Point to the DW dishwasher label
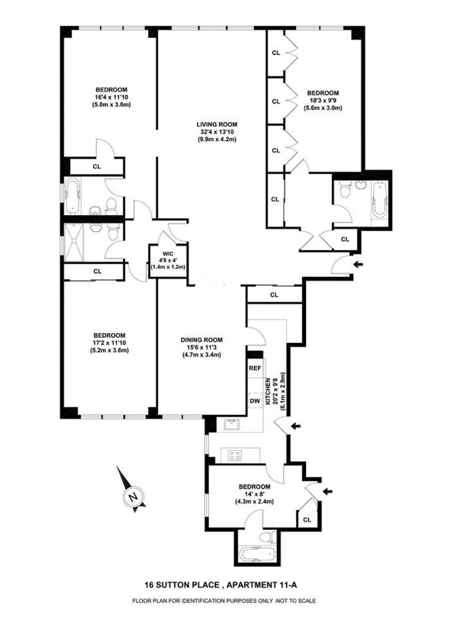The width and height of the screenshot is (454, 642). click(x=255, y=400)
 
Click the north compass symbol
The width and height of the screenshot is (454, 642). click(x=133, y=497)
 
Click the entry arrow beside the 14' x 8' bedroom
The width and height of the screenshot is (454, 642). click(x=328, y=493)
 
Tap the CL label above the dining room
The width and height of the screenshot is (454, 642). click(x=274, y=295)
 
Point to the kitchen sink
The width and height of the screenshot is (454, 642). click(x=230, y=424)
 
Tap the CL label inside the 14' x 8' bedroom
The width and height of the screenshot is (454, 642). click(x=307, y=519)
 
